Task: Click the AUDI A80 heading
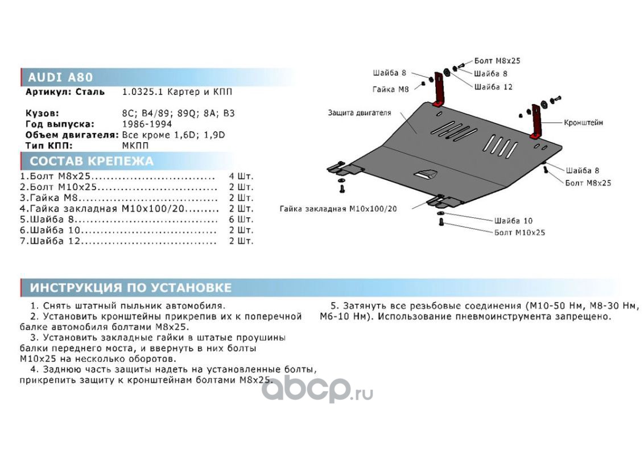(x=60, y=78)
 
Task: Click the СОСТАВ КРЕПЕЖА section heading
(x=91, y=161)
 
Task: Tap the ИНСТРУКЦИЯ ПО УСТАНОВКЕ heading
(x=131, y=288)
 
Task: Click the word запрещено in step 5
(x=586, y=316)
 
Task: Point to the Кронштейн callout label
(x=583, y=122)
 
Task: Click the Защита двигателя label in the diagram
(x=359, y=113)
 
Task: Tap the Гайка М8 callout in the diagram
(x=391, y=89)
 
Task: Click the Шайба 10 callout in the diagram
(x=513, y=220)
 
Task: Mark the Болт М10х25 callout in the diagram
(x=519, y=232)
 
